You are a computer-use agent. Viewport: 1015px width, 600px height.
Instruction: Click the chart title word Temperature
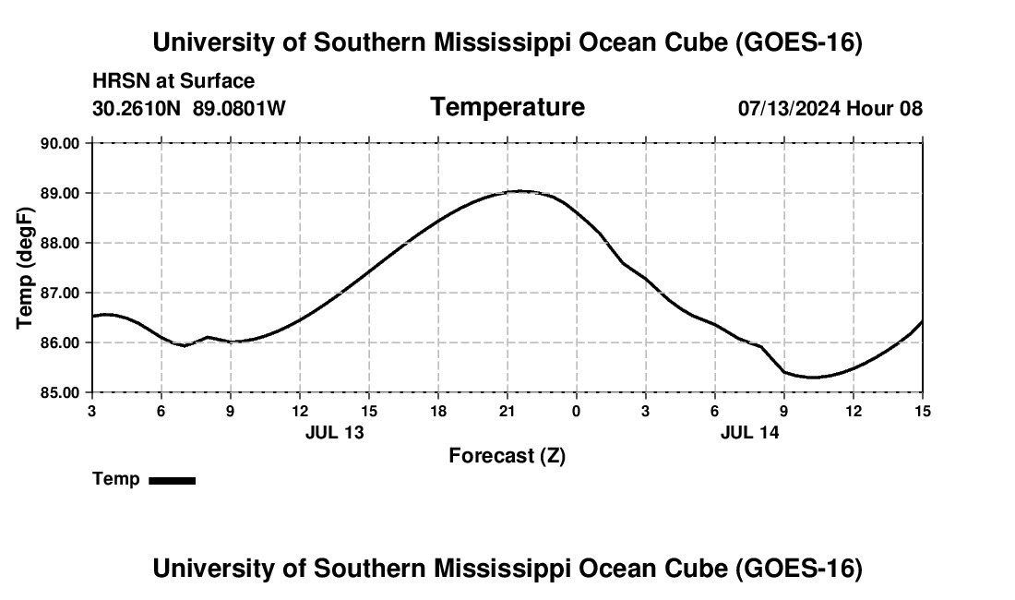click(507, 107)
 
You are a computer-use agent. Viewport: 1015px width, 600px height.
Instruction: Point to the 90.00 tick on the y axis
click(60, 143)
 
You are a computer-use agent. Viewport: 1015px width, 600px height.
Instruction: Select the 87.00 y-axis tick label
click(60, 293)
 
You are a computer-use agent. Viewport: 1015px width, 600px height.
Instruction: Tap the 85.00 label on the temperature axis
click(60, 392)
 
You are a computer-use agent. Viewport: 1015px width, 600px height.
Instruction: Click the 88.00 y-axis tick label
click(60, 243)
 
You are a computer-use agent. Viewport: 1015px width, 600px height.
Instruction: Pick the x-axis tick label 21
click(507, 411)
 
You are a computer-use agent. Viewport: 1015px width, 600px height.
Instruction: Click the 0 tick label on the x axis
click(576, 411)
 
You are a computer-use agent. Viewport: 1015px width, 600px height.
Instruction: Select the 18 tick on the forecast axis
click(438, 411)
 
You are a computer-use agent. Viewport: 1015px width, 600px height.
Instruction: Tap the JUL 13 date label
click(335, 432)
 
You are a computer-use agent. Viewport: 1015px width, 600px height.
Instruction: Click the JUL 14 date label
click(749, 432)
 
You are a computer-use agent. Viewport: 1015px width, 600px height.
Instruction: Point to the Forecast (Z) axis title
click(507, 456)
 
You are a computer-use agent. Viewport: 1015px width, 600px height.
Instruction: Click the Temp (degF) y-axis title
click(25, 268)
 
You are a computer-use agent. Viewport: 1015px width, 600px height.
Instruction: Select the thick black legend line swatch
click(173, 480)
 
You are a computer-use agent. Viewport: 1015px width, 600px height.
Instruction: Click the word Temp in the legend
click(116, 479)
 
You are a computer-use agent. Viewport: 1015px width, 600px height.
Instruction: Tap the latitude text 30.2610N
click(136, 108)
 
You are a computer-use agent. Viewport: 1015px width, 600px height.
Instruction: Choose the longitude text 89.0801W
click(239, 108)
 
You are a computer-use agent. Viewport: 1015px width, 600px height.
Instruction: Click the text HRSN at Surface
click(173, 81)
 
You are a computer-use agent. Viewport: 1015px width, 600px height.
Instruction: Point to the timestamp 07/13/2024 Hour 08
click(830, 108)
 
